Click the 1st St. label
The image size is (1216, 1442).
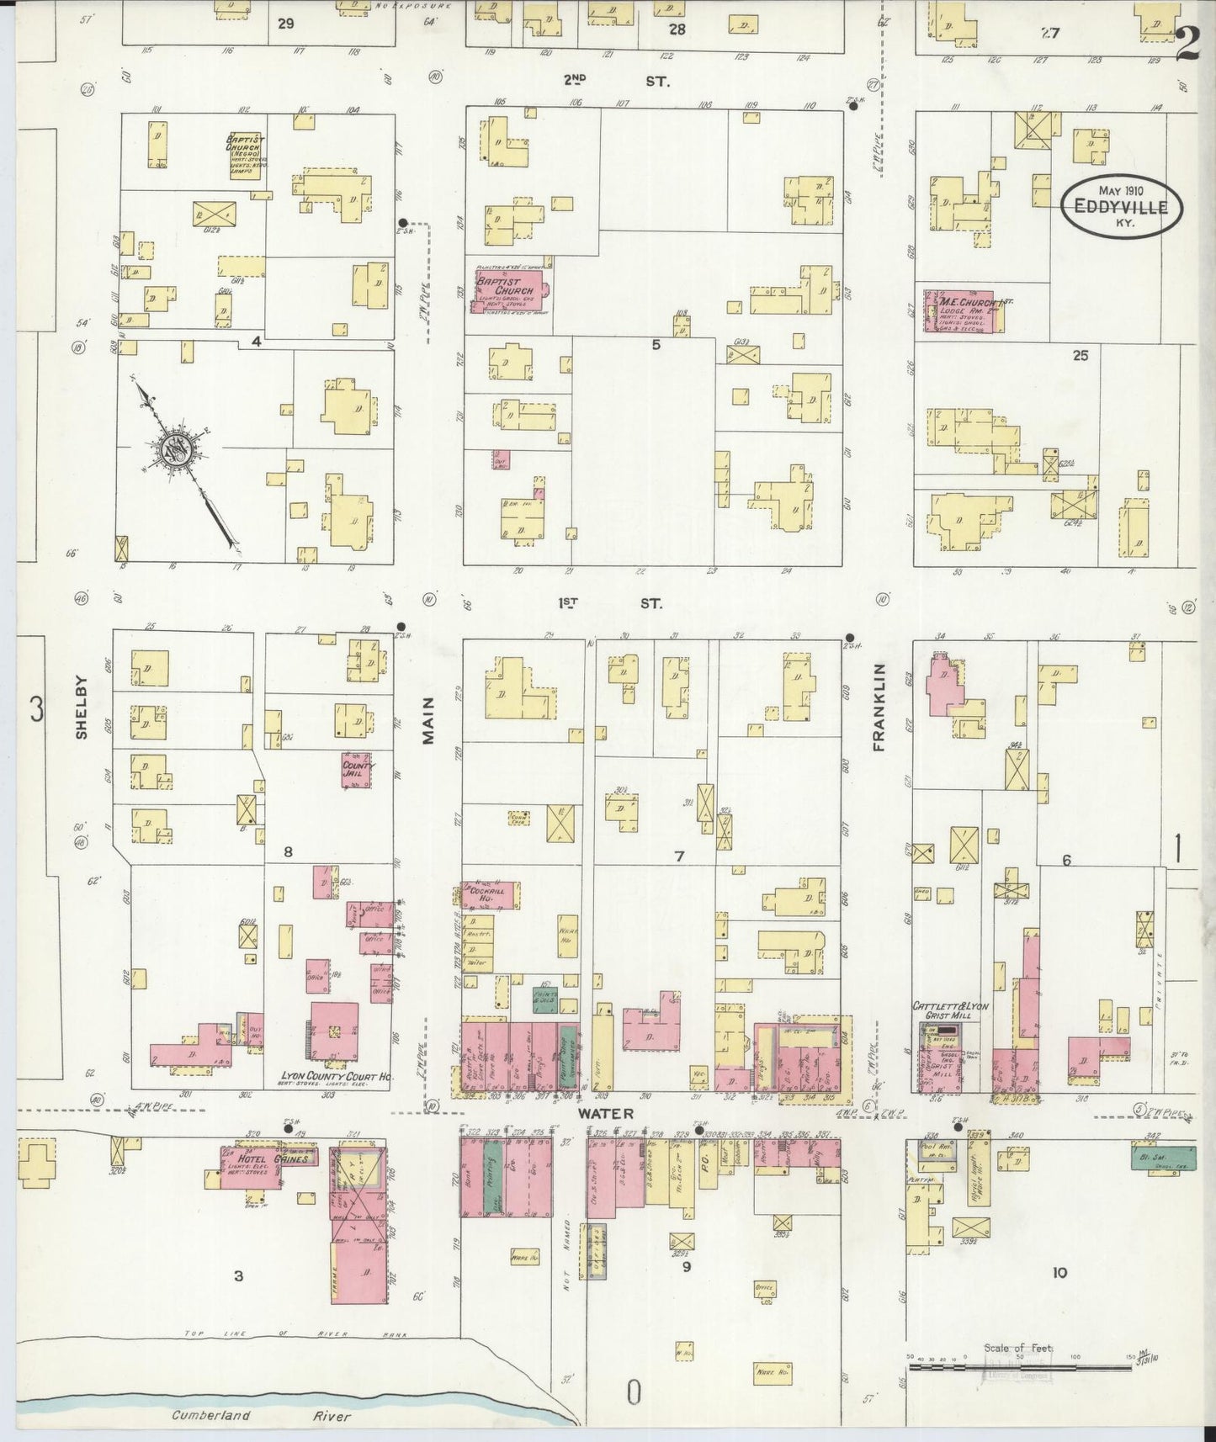pyautogui.click(x=612, y=603)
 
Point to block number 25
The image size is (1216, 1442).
pyautogui.click(x=1080, y=356)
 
